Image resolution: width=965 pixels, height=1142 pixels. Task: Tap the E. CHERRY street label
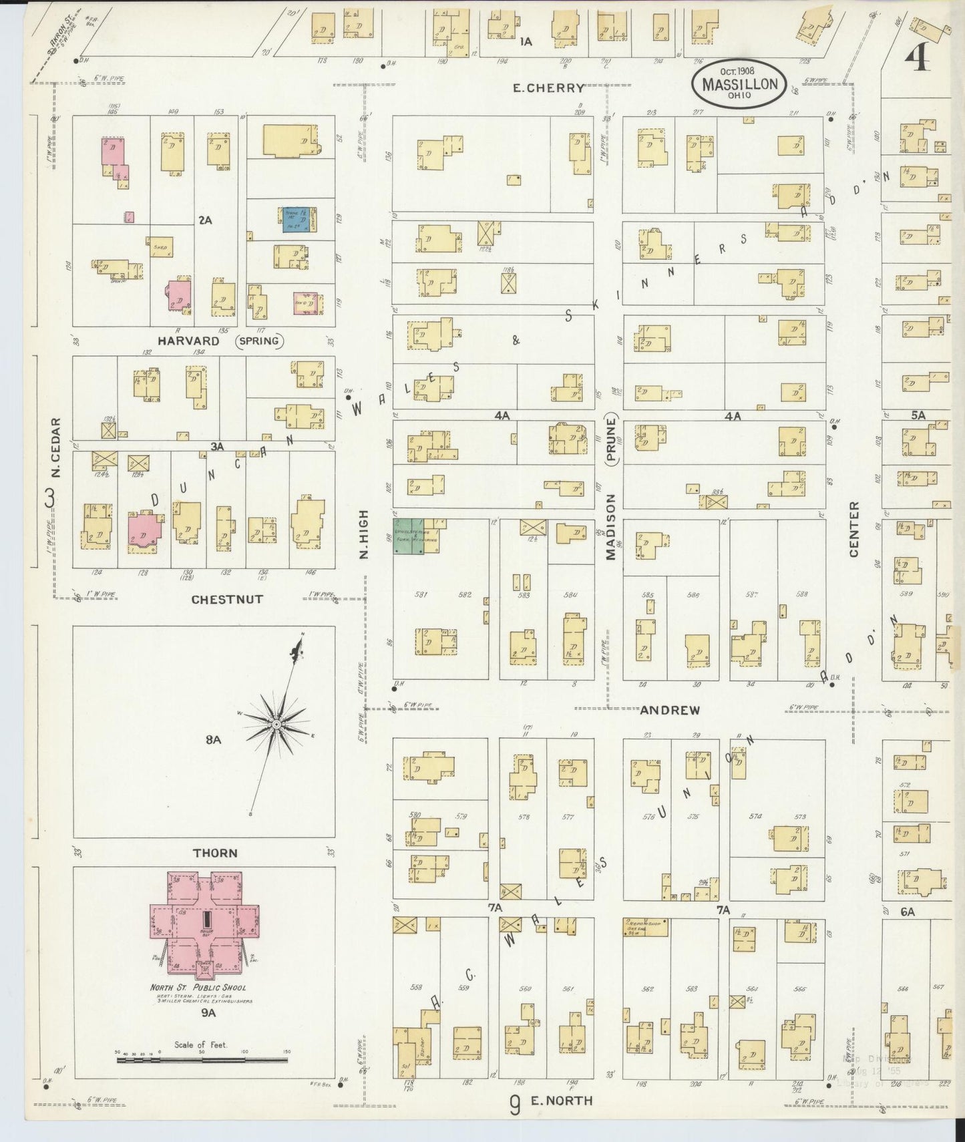pos(548,87)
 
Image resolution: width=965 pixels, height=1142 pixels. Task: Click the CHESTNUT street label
pos(227,599)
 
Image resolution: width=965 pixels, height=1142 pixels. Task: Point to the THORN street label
pos(215,853)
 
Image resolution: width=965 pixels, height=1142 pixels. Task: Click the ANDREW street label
pos(670,711)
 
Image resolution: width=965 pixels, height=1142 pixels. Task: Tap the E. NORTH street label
pos(561,1101)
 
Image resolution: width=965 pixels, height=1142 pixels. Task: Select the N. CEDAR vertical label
pos(56,447)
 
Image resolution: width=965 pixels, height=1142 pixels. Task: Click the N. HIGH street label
pos(364,534)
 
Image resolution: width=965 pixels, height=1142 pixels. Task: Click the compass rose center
pos(275,725)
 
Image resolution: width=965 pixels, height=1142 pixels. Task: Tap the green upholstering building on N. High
pos(408,536)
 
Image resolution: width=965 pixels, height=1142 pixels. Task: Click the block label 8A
pos(213,739)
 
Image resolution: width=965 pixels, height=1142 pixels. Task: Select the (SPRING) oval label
pos(258,341)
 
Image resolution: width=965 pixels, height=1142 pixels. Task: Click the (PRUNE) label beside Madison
pos(610,437)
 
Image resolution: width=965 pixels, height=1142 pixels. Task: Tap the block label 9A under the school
pos(209,1013)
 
